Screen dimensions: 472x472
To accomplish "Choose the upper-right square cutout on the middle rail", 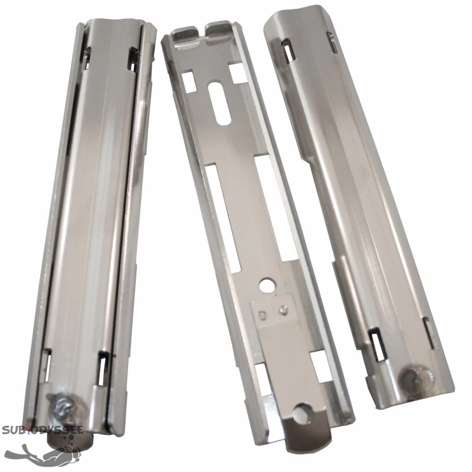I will [238, 73].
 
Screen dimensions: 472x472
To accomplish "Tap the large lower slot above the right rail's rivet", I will [375, 342].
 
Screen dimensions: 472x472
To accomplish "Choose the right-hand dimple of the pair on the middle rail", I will [284, 308].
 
